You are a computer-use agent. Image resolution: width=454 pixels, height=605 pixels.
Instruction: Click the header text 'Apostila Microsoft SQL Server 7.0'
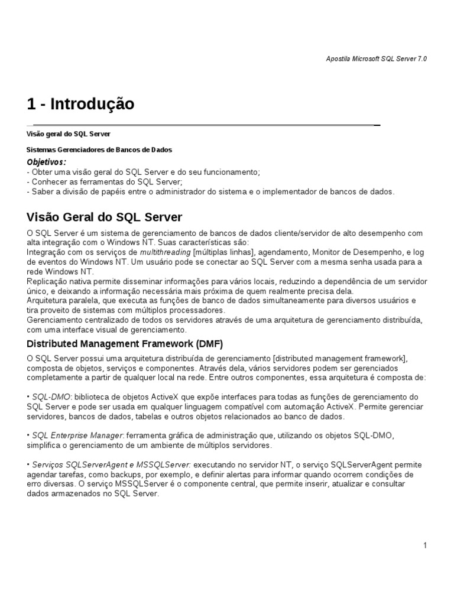[377, 59]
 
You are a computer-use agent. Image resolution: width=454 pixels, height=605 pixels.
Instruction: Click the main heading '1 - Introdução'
[81, 105]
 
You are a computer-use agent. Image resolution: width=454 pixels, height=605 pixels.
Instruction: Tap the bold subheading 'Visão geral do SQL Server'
[69, 134]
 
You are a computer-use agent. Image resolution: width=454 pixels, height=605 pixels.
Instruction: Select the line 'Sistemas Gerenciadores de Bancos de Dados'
[100, 150]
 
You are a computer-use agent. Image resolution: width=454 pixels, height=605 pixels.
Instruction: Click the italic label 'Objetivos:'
[47, 162]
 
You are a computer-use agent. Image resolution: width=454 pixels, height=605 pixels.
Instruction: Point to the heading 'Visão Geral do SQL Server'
[105, 217]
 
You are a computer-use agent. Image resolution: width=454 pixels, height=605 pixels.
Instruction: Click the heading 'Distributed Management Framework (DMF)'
[125, 344]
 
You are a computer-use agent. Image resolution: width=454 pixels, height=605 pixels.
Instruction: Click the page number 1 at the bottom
[425, 546]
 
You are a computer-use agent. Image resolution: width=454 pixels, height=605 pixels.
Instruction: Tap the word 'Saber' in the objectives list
[42, 191]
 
